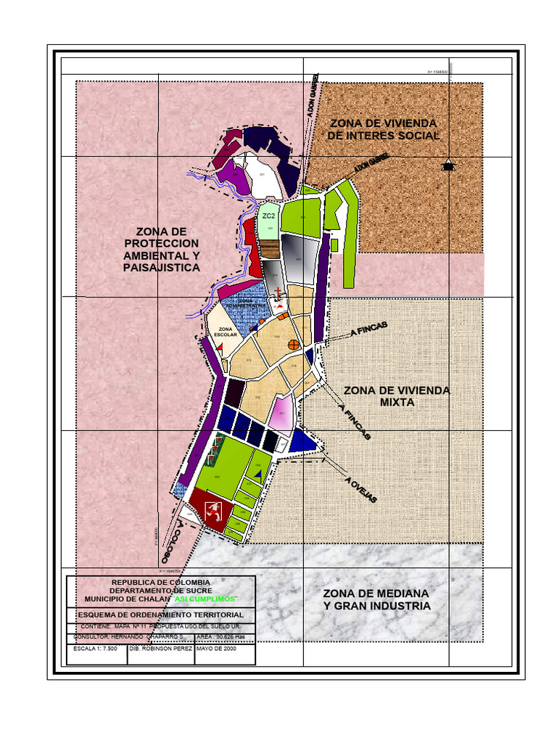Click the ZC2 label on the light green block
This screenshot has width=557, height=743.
pyautogui.click(x=268, y=216)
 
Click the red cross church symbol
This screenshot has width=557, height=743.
pyautogui.click(x=278, y=294)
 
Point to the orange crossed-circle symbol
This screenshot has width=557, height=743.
pyautogui.click(x=294, y=345)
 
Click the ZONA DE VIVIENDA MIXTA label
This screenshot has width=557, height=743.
pyautogui.click(x=396, y=396)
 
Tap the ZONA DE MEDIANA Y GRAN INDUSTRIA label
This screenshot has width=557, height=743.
pyautogui.click(x=376, y=599)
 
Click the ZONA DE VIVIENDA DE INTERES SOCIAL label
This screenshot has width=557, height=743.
pyautogui.click(x=383, y=129)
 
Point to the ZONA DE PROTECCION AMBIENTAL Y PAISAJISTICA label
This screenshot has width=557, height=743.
pyautogui.click(x=161, y=250)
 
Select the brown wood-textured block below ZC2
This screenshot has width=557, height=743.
pyautogui.click(x=269, y=249)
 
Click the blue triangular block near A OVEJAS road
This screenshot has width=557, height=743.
pyautogui.click(x=301, y=442)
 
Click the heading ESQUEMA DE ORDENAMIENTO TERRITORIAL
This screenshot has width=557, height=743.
pyautogui.click(x=161, y=615)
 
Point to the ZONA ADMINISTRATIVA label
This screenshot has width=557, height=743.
pyautogui.click(x=246, y=303)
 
